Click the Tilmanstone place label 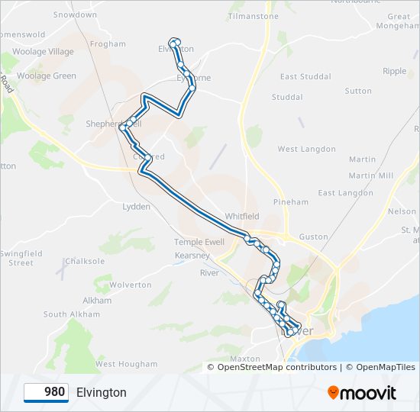253,16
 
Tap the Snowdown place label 75,14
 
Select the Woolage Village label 47,52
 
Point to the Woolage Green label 47,76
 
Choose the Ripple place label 395,71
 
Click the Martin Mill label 371,175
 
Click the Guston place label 314,238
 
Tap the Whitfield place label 243,216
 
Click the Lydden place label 137,206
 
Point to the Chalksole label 85,261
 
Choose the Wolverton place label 131,285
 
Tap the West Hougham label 126,365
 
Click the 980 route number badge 46,392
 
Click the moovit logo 362,393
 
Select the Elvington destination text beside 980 102,392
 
